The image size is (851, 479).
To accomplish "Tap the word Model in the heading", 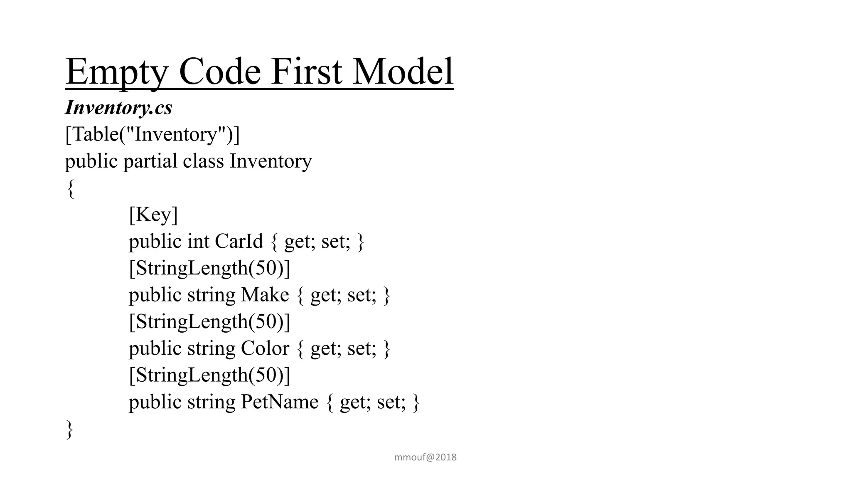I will (403, 72).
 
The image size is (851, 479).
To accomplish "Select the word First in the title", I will (307, 72).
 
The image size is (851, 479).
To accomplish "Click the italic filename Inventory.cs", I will (118, 108).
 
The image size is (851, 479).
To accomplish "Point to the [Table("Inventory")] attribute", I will (152, 134).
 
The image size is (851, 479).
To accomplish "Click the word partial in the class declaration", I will (150, 161).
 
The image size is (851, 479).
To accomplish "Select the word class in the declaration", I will (203, 161).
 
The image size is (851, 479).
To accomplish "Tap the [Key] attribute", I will (153, 215).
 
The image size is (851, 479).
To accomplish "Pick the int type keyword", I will (198, 241).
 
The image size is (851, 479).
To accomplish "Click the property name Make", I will (265, 295).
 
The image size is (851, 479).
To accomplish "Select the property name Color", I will (265, 348).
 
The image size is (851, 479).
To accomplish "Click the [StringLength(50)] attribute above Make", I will (209, 268).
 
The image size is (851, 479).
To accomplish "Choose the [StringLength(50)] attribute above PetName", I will (209, 375).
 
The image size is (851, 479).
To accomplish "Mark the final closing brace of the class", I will (70, 429).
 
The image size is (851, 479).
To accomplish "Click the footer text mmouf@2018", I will (425, 457).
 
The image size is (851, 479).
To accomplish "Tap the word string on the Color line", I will (211, 348).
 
